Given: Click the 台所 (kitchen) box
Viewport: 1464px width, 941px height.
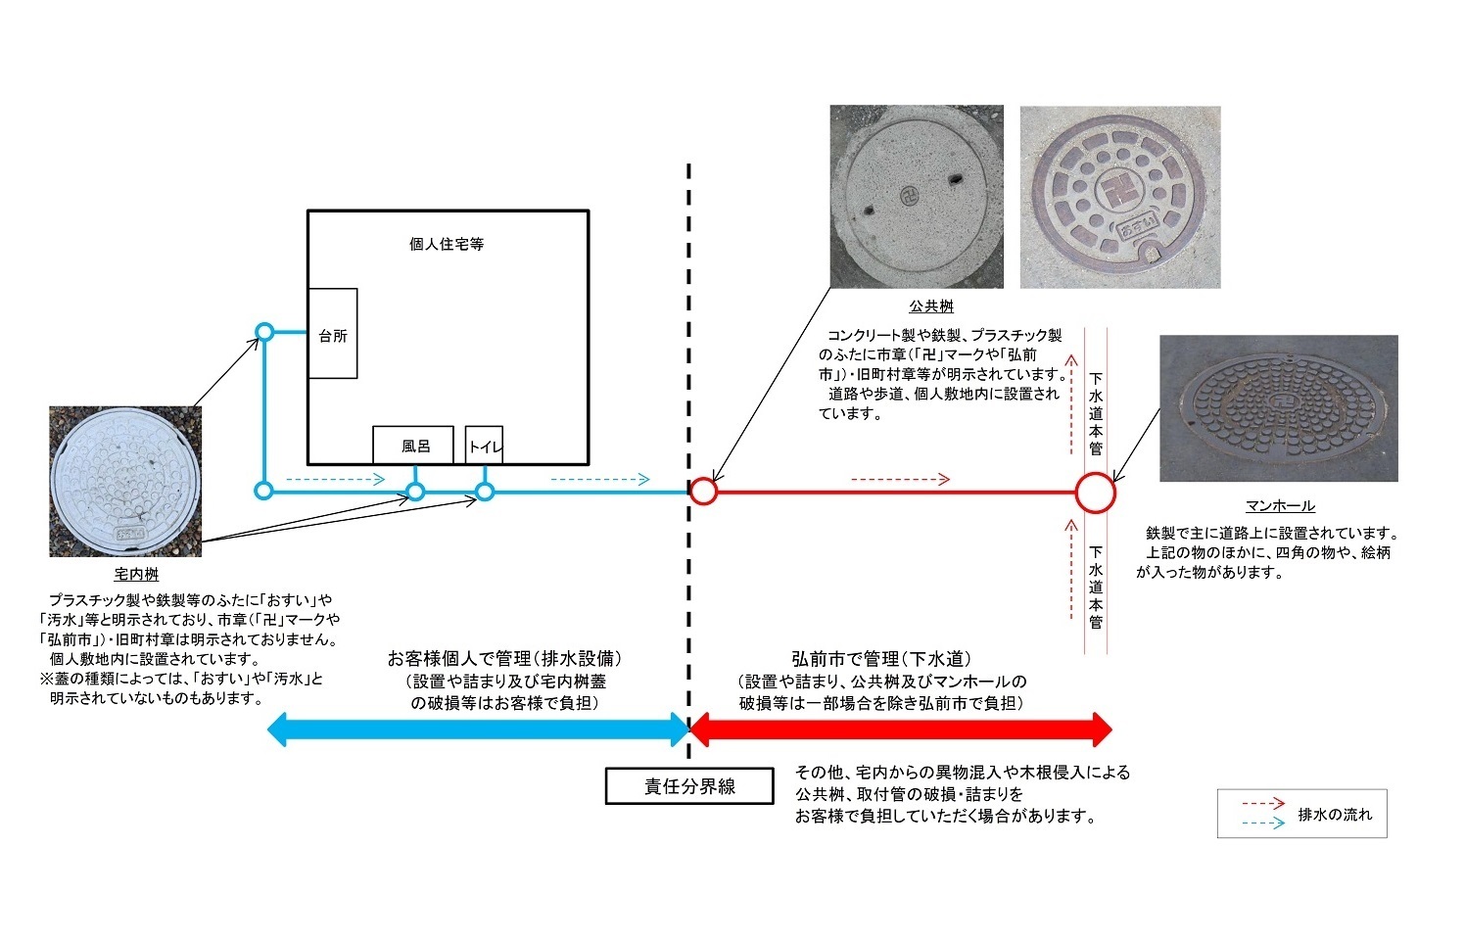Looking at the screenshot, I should (333, 334).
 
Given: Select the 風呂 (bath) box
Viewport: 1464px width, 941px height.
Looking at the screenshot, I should (413, 445).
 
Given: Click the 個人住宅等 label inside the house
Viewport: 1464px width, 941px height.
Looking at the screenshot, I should (447, 244).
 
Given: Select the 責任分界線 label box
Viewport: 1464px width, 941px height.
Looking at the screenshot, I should (689, 786).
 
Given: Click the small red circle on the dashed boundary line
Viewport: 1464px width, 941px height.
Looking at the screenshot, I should (703, 491).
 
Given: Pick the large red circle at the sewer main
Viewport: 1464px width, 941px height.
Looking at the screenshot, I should (1095, 493).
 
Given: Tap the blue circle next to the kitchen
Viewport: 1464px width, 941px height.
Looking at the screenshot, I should (263, 332).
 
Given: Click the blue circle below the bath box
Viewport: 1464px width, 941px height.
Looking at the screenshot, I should (415, 491).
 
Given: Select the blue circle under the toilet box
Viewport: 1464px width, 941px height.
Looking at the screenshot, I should (484, 491).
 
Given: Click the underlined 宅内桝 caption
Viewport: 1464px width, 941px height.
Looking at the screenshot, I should (136, 574).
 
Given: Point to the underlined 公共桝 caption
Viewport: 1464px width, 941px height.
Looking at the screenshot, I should (930, 306).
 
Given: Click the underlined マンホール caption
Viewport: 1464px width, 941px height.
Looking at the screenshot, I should (1280, 505).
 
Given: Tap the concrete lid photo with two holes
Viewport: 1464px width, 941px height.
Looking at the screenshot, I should (917, 197).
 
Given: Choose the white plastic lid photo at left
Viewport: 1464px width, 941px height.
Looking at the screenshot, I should (125, 482).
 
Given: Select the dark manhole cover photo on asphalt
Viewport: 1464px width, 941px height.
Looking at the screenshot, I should (1278, 408).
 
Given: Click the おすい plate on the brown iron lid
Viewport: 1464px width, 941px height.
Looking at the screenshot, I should (1137, 228).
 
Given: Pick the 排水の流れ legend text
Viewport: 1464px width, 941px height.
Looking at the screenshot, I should (1335, 814).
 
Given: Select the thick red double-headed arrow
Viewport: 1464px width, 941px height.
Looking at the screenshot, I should (901, 729).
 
